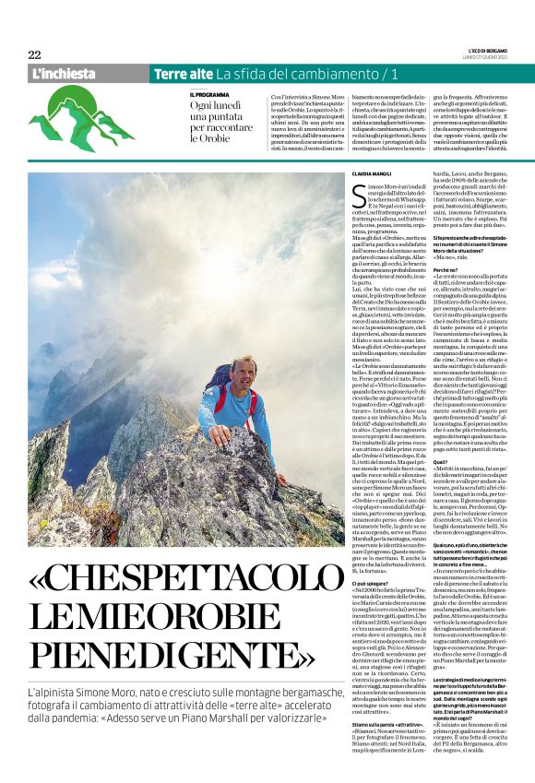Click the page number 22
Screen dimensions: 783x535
tap(34, 54)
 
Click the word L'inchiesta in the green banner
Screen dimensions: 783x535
tap(64, 73)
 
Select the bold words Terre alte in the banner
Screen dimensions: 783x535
tap(183, 73)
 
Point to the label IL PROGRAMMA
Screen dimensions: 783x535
tap(209, 94)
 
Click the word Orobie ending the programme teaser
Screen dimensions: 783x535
tap(208, 138)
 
